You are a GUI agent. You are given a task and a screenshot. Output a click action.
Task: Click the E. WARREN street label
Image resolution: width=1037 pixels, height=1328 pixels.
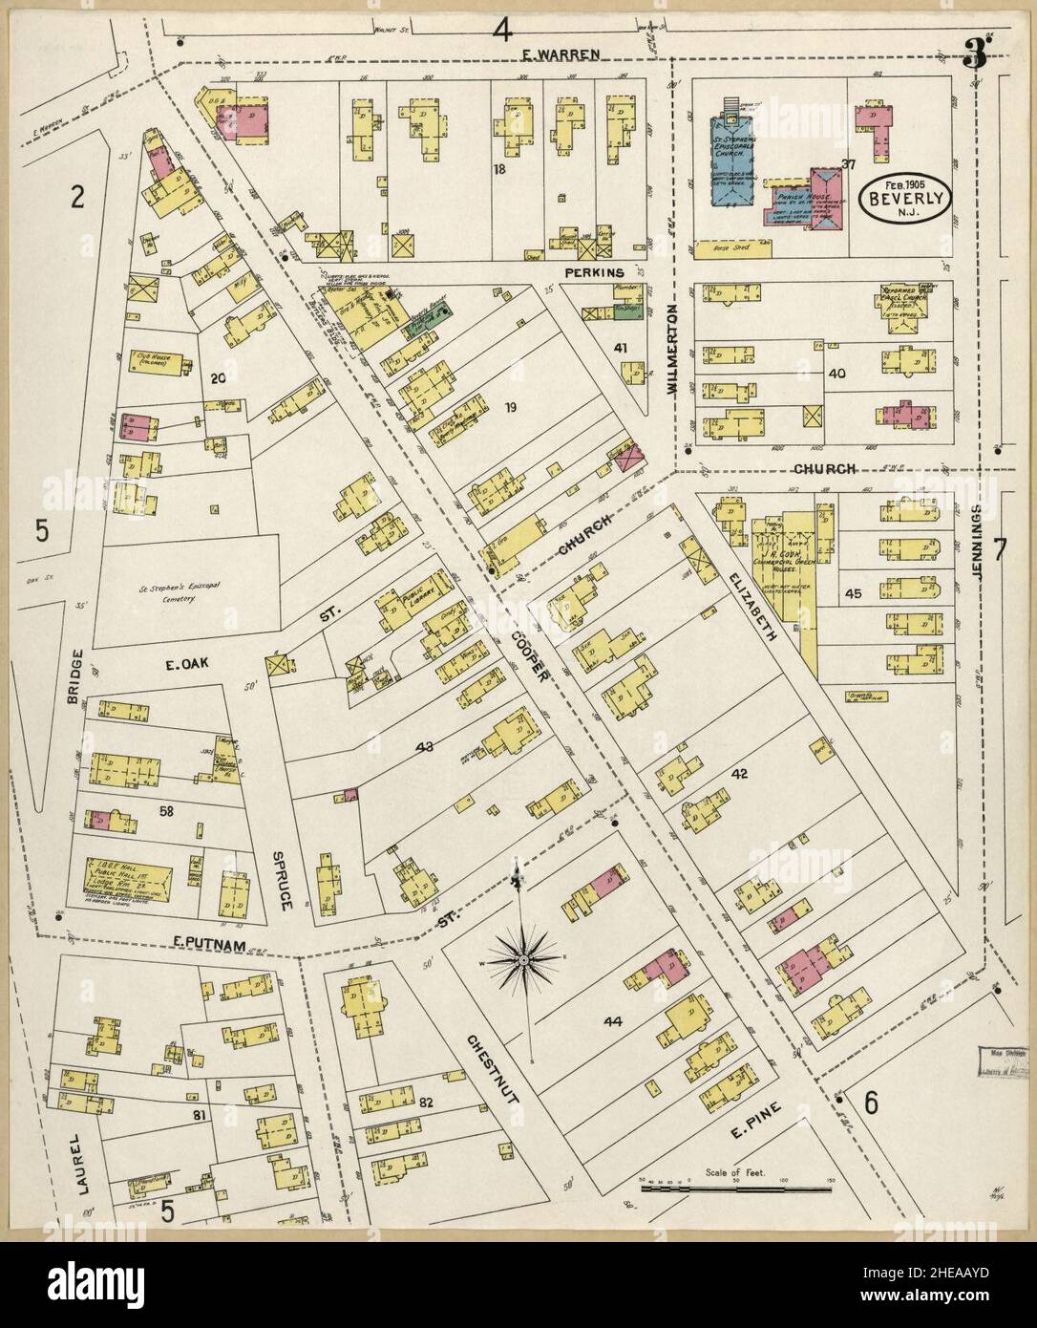click(561, 54)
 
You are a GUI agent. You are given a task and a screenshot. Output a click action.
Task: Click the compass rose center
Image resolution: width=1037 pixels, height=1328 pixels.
click(523, 956)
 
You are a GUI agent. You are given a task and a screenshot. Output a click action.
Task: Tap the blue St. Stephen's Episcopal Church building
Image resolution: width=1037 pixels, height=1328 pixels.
click(730, 162)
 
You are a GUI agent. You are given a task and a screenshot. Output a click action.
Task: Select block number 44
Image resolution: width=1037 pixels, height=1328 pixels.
click(612, 1022)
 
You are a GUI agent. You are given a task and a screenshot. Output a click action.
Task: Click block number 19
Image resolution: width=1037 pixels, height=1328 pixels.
click(511, 409)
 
